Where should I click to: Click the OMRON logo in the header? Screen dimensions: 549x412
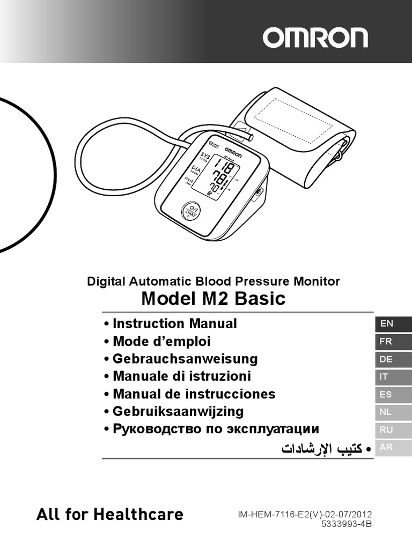[315, 38]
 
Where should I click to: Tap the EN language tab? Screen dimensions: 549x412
[393, 324]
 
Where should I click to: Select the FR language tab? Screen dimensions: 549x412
[393, 342]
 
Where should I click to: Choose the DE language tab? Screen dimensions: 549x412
[393, 359]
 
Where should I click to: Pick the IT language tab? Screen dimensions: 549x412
[393, 377]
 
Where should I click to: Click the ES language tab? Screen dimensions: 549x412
[393, 395]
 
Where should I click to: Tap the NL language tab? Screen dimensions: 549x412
[393, 412]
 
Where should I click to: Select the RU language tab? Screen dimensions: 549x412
[393, 430]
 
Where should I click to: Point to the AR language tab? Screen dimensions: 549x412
[393, 448]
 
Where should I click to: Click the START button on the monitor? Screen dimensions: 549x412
[192, 211]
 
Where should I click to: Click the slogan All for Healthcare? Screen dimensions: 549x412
[110, 515]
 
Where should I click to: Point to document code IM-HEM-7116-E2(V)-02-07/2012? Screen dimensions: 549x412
[305, 514]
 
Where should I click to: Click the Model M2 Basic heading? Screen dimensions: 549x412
[213, 298]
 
